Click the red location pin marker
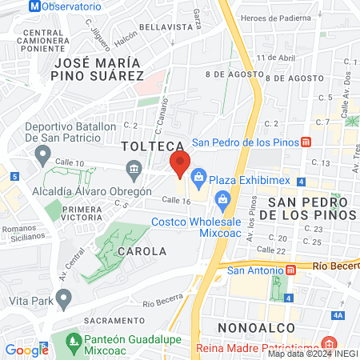[x=180, y=164]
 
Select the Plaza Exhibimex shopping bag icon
[x=199, y=174]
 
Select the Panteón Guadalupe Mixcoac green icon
[x=74, y=341]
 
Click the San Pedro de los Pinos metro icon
[x=306, y=142]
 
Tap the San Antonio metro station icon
[x=290, y=269]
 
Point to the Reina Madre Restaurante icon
[x=326, y=340]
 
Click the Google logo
[x=26, y=350]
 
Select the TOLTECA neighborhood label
[x=154, y=147]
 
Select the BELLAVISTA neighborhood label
[x=166, y=26]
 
